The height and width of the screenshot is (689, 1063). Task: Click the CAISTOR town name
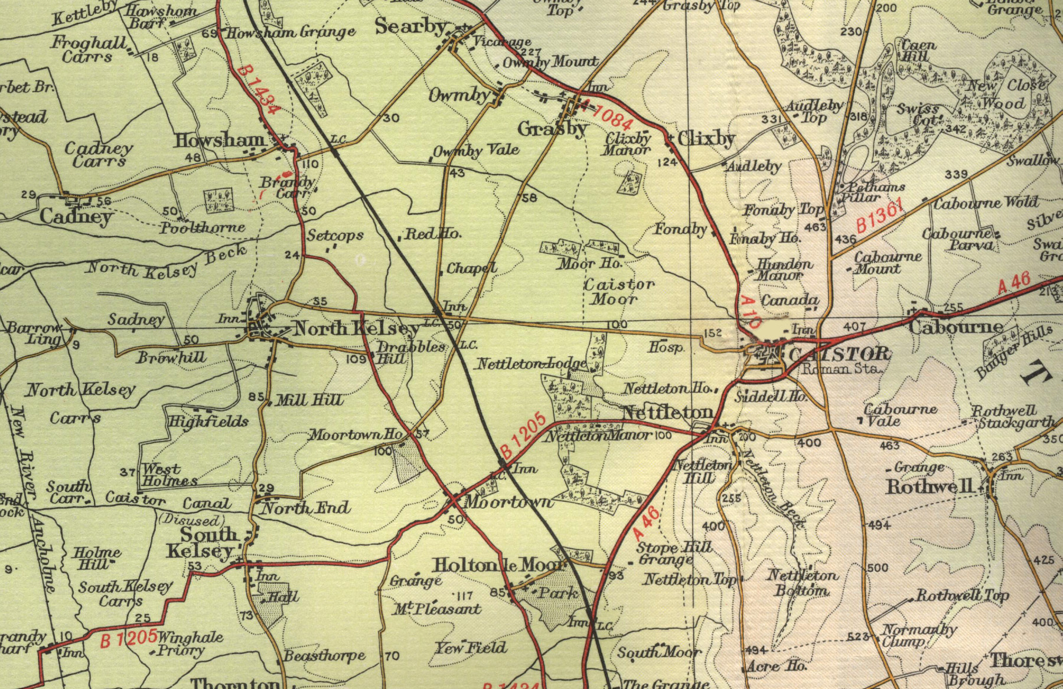[x=839, y=354]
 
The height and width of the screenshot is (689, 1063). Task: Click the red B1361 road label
[x=879, y=216]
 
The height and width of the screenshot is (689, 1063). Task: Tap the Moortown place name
[x=508, y=502]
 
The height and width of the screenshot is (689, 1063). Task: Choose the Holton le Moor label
[x=499, y=565]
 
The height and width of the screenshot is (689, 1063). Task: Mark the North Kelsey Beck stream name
[x=167, y=261]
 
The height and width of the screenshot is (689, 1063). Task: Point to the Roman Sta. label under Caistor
[x=841, y=368]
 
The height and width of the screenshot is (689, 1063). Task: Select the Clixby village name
[x=706, y=139]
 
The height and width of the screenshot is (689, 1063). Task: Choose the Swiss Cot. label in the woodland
[x=918, y=114]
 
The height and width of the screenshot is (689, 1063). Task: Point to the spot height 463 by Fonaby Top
[x=815, y=227]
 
